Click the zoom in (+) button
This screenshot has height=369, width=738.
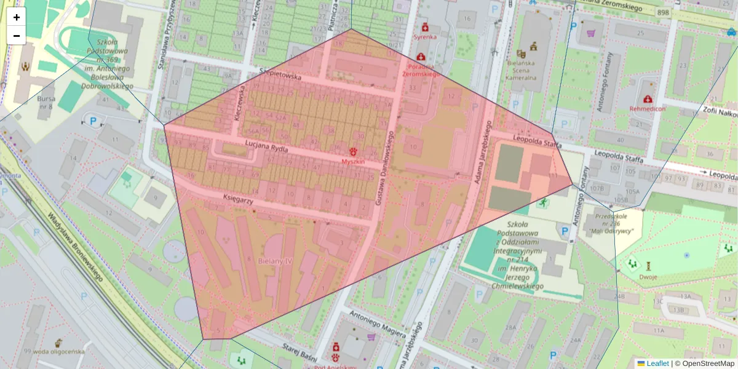pos(17,17)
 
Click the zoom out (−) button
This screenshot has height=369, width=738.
pos(17,36)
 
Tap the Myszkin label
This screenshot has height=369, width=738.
pos(353,161)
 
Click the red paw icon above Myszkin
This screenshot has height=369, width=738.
pos(353,151)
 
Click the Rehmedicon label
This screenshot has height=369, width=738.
pos(647,109)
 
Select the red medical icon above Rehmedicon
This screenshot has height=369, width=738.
pos(647,99)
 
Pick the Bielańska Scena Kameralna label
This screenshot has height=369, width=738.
pos(521,70)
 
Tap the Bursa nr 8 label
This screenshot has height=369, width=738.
pos(46,102)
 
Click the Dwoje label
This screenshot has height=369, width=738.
pos(648,277)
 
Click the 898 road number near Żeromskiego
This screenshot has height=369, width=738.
pos(662,12)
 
